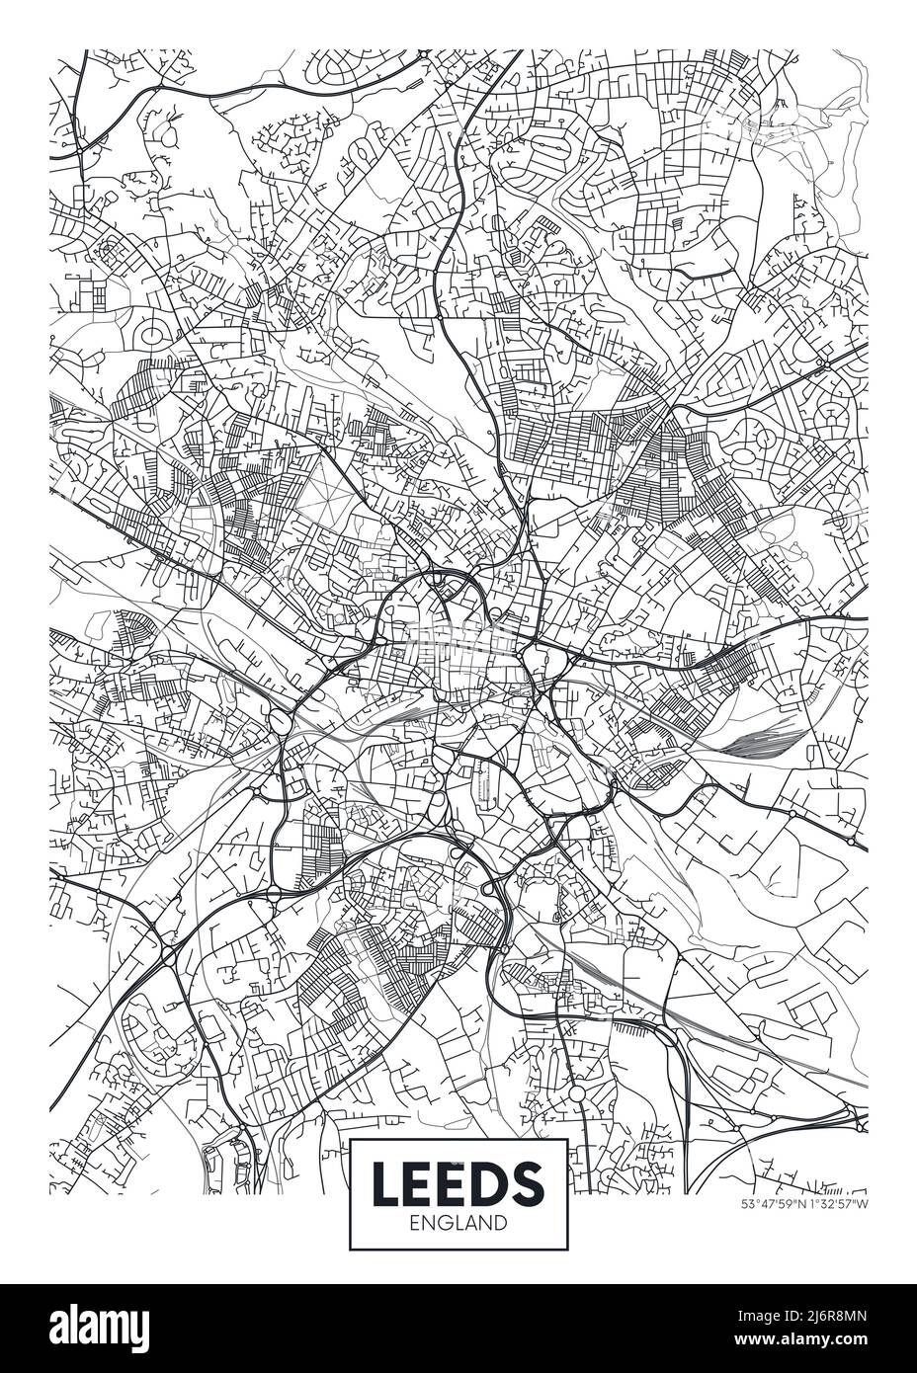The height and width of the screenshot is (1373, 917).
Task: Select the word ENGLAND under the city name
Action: [458, 1223]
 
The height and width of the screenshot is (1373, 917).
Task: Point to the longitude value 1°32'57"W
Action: [837, 1204]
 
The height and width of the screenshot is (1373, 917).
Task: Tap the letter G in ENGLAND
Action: [442, 1223]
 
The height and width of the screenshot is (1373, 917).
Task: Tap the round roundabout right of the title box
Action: [576, 1094]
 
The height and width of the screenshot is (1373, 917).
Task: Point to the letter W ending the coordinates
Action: [863, 1204]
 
